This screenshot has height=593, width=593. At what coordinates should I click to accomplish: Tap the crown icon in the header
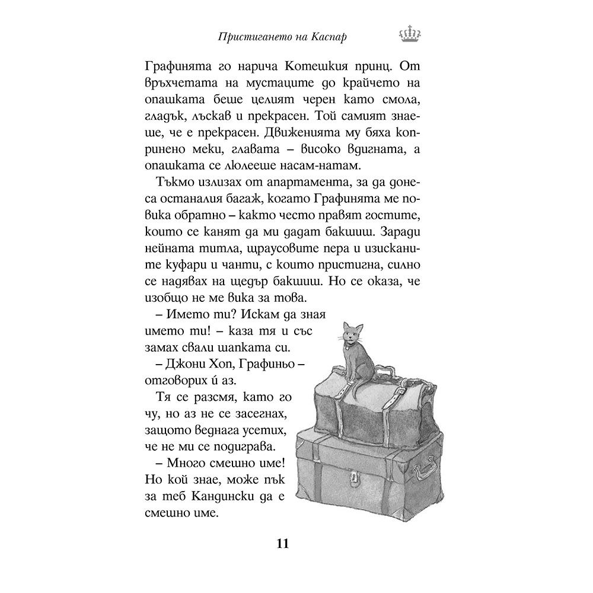(406, 36)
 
